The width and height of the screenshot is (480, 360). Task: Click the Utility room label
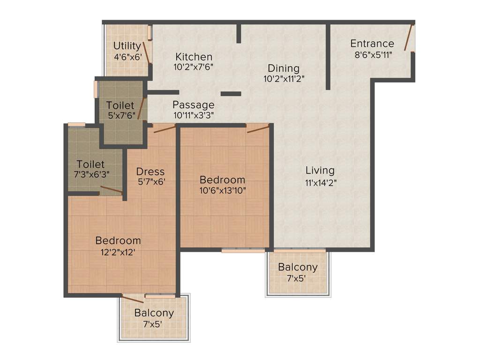pyautogui.click(x=127, y=46)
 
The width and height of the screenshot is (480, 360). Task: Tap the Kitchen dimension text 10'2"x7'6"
pyautogui.click(x=193, y=67)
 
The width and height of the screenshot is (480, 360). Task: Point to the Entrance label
pyautogui.click(x=372, y=44)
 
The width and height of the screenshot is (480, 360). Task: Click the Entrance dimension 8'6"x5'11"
pyautogui.click(x=373, y=54)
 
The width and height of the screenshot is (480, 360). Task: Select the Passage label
pyautogui.click(x=193, y=105)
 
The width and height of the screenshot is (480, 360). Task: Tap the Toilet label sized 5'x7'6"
pyautogui.click(x=120, y=105)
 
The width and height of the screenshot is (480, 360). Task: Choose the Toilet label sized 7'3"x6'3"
pyautogui.click(x=90, y=164)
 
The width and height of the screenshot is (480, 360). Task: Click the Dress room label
pyautogui.click(x=150, y=171)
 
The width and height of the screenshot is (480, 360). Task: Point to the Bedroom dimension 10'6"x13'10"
pyautogui.click(x=222, y=190)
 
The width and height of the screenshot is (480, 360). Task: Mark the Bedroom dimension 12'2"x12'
pyautogui.click(x=118, y=251)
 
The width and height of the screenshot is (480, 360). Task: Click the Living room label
pyautogui.click(x=320, y=170)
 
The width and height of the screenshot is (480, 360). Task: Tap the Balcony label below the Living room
pyautogui.click(x=298, y=267)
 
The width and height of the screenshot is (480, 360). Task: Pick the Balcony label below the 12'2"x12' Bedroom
pyautogui.click(x=154, y=313)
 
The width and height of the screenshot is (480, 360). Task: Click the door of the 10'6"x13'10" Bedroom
pyautogui.click(x=258, y=128)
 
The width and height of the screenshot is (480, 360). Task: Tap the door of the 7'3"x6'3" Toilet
pyautogui.click(x=112, y=190)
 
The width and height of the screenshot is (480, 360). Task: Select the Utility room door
pyautogui.click(x=147, y=52)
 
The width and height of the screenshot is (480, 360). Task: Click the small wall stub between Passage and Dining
pyautogui.click(x=231, y=94)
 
